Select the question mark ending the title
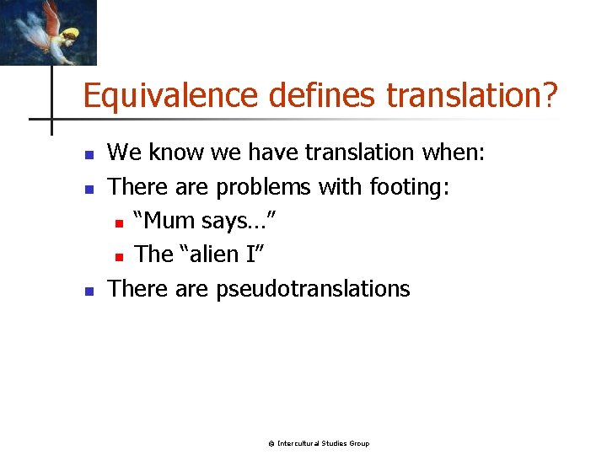tap(550, 96)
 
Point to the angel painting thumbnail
tap(48, 32)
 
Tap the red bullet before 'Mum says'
tap(120, 223)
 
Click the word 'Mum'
tap(171, 221)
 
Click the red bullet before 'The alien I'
tap(120, 257)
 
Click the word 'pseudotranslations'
tap(313, 289)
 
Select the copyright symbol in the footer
tap(271, 443)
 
